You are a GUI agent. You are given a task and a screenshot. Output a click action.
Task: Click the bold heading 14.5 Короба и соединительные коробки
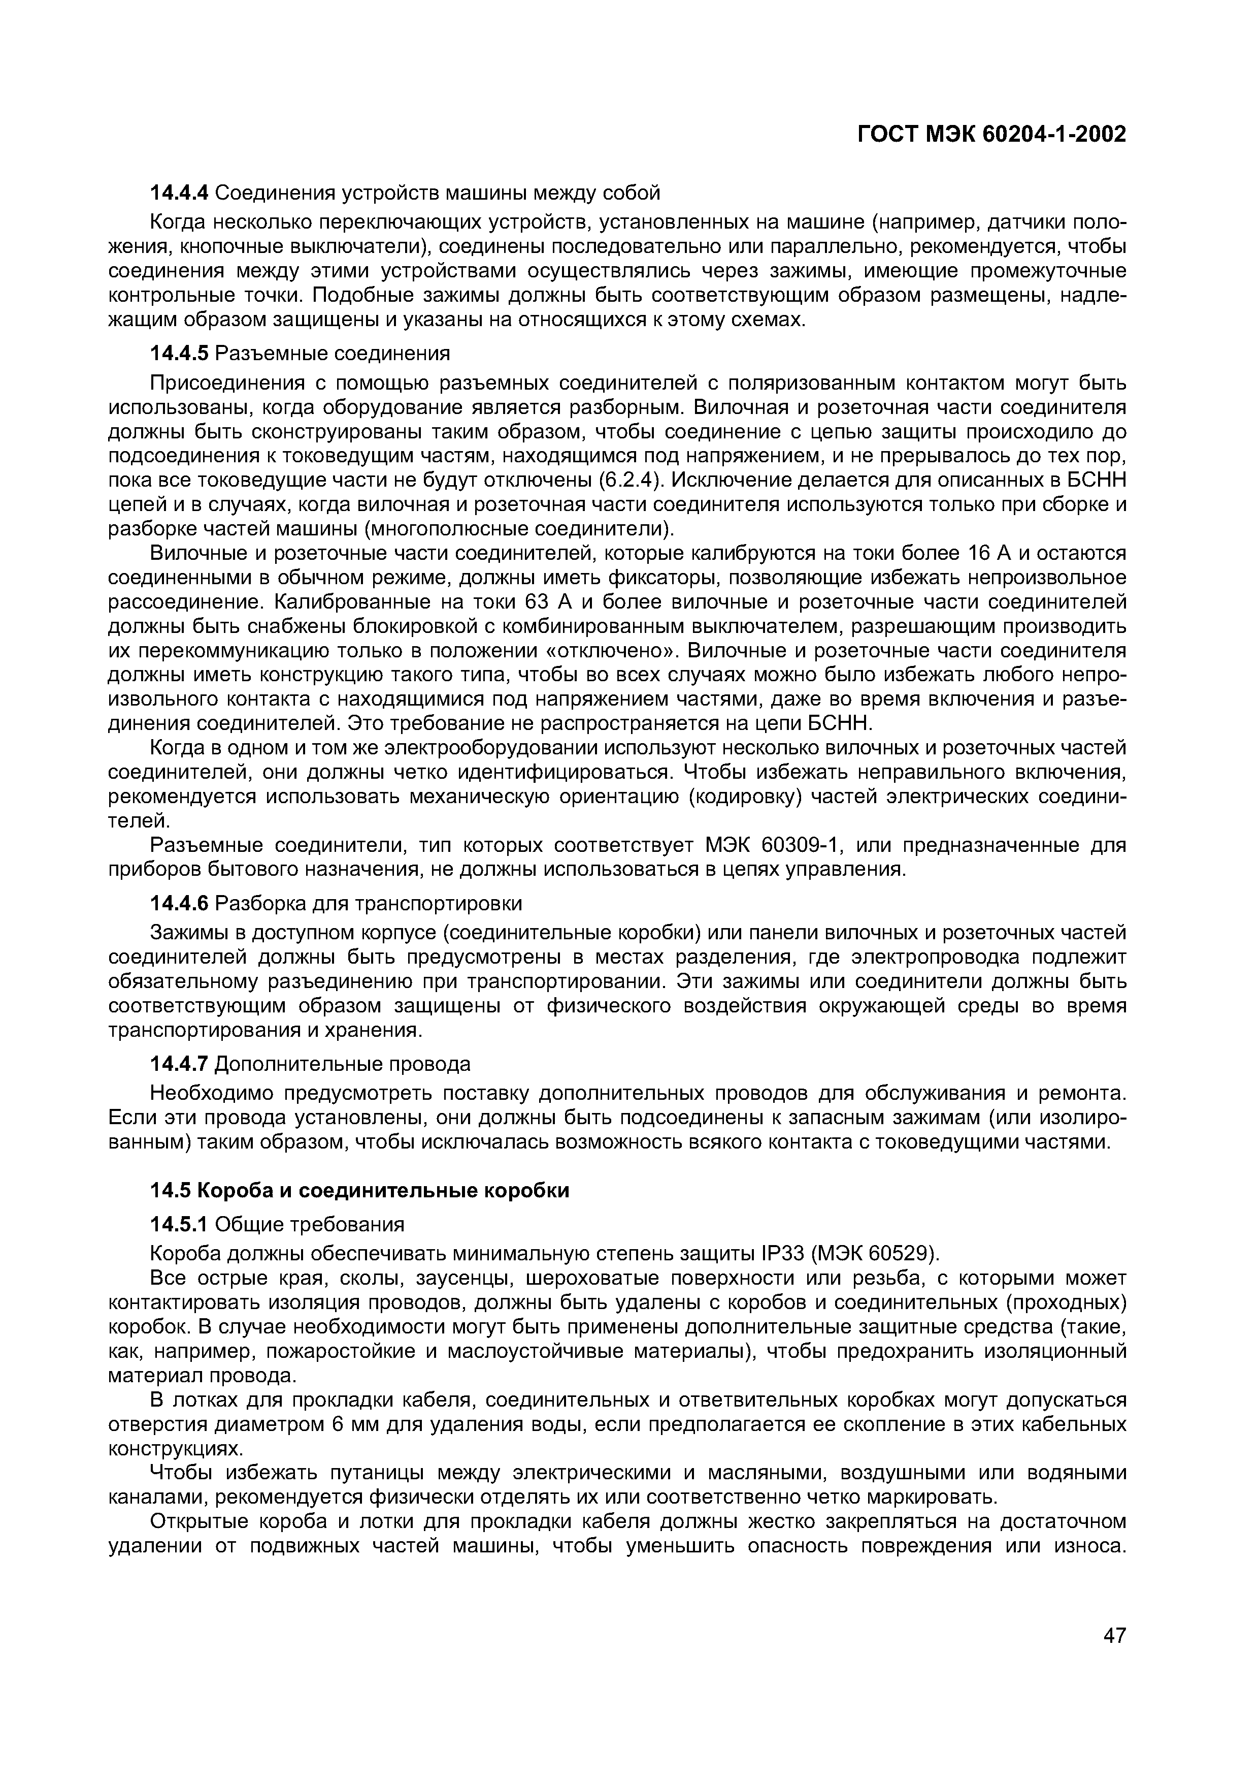(x=359, y=1191)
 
